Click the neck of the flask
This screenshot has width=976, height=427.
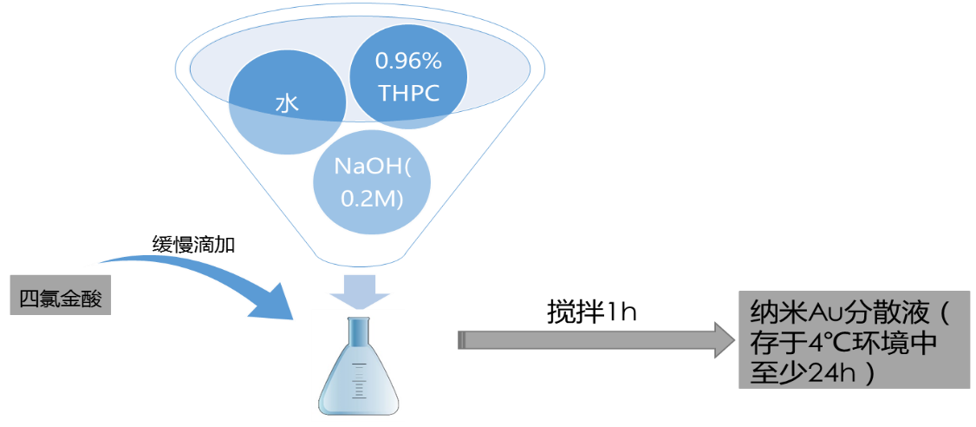[358, 334]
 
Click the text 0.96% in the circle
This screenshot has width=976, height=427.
[407, 62]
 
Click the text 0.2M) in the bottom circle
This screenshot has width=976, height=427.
[372, 197]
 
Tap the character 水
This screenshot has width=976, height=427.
[287, 105]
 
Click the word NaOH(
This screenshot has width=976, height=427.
[372, 167]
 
